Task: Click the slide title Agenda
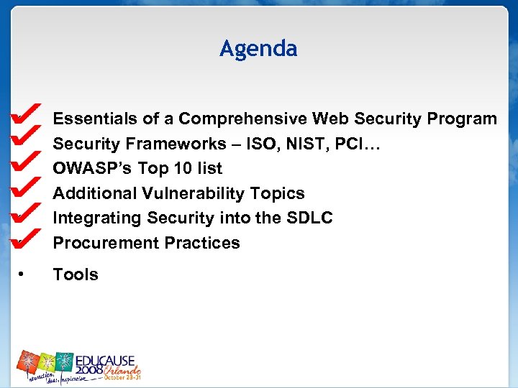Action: click(258, 49)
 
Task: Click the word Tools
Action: click(76, 274)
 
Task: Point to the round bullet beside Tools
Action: click(22, 274)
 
